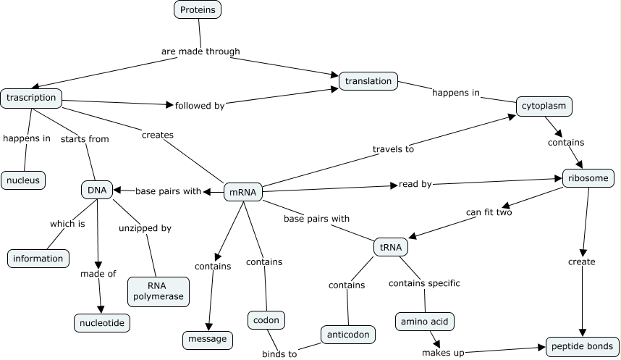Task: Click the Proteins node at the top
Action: click(198, 9)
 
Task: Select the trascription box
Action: click(31, 98)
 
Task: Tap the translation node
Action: click(368, 81)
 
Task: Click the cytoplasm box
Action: click(544, 106)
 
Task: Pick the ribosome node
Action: click(588, 177)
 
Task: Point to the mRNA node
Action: click(242, 192)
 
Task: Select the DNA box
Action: click(97, 191)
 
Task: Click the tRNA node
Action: click(390, 247)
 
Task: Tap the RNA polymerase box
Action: click(158, 290)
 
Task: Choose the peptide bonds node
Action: click(582, 347)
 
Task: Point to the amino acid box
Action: click(425, 321)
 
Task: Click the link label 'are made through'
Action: click(200, 51)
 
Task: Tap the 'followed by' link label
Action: click(199, 106)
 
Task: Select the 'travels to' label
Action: click(393, 150)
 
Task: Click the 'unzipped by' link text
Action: click(145, 228)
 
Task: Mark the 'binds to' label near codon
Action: click(279, 354)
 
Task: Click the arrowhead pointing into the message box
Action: click(210, 327)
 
